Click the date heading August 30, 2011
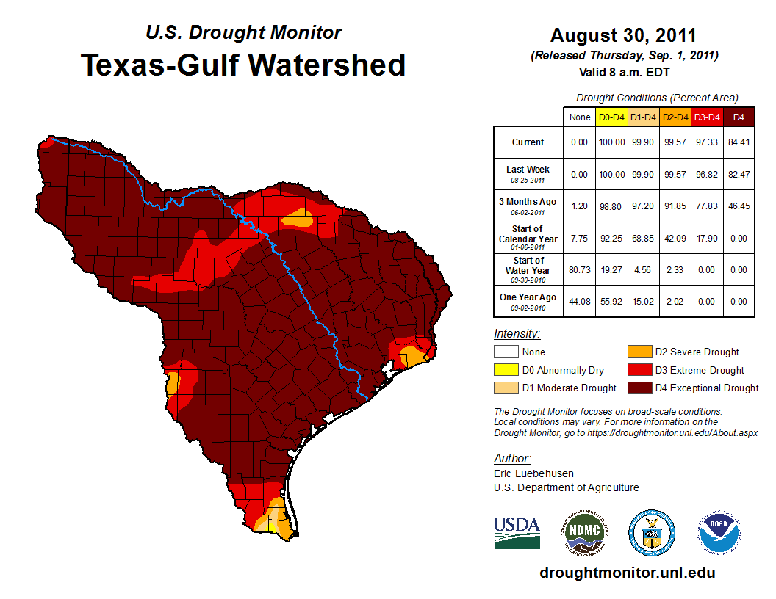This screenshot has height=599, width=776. (623, 35)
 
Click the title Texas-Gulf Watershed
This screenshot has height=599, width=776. (242, 65)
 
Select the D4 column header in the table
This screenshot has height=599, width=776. (738, 117)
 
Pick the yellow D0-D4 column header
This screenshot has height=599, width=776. (611, 117)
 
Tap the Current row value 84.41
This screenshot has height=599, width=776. (738, 142)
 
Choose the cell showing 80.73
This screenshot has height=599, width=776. (579, 269)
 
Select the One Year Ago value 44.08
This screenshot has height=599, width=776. (579, 301)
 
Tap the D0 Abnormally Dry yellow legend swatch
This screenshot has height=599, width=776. (505, 370)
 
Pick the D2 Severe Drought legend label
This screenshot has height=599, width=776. (697, 352)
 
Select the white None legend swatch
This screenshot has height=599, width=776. (505, 352)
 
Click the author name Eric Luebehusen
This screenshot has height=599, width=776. (534, 473)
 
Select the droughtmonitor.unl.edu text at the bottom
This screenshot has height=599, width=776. (627, 573)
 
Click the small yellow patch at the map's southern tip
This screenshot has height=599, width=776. (273, 526)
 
